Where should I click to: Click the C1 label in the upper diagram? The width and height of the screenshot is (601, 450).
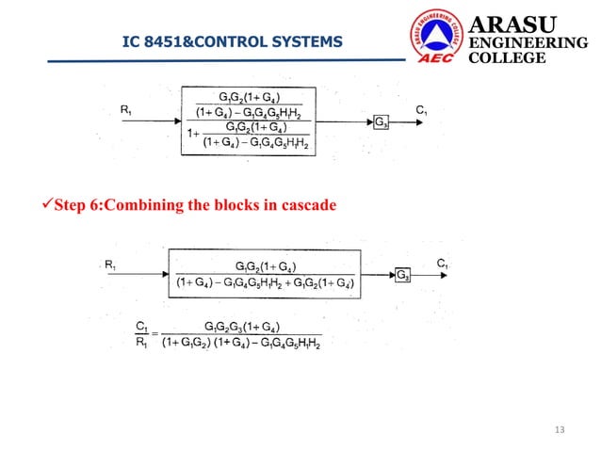(421, 110)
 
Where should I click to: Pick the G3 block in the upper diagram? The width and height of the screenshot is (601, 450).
(381, 123)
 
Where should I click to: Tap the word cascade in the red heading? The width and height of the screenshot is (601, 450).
(308, 205)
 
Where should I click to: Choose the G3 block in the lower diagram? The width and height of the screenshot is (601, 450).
(401, 275)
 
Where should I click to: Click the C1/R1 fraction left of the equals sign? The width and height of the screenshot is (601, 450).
(141, 334)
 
